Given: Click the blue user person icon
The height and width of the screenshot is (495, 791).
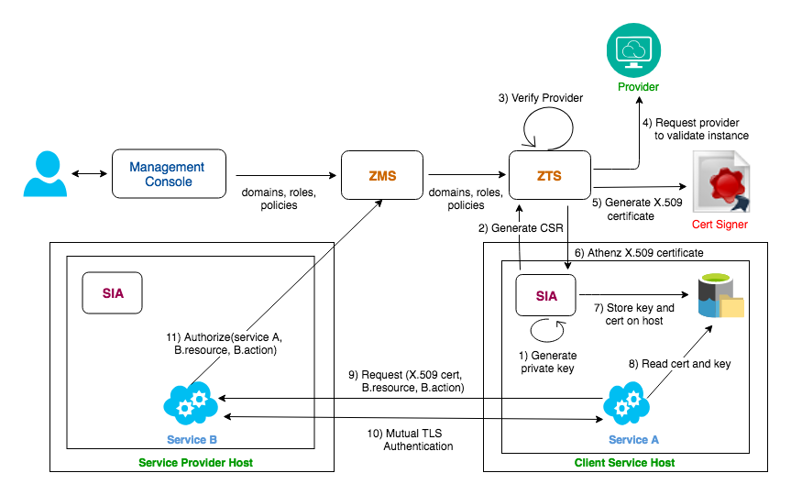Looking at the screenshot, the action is [x=46, y=173].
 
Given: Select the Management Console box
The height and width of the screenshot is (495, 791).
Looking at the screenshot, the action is [x=169, y=173].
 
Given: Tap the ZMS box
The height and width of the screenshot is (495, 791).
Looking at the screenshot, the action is [x=382, y=175].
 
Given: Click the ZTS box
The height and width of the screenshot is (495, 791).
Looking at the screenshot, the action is [x=549, y=175].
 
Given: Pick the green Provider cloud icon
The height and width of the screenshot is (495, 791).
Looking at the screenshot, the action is [x=633, y=49].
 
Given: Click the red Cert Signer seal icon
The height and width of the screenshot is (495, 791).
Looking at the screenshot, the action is [x=721, y=182].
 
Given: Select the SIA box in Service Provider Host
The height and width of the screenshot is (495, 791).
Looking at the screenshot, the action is [x=112, y=293].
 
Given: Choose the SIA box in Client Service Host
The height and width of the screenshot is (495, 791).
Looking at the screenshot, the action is [x=546, y=295].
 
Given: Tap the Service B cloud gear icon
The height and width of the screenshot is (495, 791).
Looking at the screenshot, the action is [x=191, y=403].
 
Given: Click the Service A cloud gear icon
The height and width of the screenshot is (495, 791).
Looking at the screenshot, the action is [x=626, y=403].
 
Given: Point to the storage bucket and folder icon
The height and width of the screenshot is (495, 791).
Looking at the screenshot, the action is [x=720, y=296].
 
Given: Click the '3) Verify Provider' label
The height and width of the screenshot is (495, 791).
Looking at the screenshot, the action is [x=540, y=98].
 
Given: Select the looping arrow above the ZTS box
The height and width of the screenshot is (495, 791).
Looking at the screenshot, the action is [x=548, y=128].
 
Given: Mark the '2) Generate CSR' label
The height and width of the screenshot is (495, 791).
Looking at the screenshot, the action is [x=521, y=228].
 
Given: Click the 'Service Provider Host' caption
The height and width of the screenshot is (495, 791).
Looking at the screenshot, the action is [x=196, y=463].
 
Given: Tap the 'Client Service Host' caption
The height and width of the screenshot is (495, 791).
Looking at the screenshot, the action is [x=624, y=463].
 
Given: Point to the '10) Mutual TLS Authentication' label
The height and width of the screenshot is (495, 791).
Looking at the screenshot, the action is [x=410, y=439].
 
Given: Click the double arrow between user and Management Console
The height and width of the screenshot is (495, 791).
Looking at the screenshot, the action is [x=89, y=173].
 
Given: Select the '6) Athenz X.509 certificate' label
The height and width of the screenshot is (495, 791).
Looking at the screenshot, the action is [x=639, y=253].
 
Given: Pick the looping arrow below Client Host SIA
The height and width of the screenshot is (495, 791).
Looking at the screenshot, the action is [x=548, y=331].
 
